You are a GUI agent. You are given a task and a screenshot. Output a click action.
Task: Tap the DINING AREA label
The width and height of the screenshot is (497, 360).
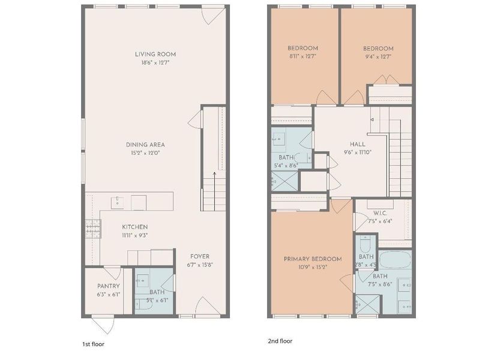pyautogui.click(x=145, y=145)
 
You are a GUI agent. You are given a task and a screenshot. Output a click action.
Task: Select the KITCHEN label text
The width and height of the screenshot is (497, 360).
pyautogui.click(x=134, y=227)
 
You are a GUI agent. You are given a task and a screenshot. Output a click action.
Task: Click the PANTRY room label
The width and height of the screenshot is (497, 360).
pyautogui.click(x=108, y=286)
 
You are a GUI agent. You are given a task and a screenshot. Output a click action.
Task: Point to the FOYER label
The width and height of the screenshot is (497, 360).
pyautogui.click(x=200, y=256)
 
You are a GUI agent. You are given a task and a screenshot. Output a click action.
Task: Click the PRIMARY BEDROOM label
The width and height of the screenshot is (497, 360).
pyautogui.click(x=312, y=259)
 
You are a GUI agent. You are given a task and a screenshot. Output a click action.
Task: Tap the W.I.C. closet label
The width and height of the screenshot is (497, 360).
pyautogui.click(x=379, y=212)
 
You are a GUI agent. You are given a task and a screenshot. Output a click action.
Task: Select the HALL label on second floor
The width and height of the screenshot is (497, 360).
pyautogui.click(x=358, y=144)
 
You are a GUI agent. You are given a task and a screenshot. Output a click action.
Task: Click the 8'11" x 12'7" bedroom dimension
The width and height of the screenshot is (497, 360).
pyautogui.click(x=302, y=56)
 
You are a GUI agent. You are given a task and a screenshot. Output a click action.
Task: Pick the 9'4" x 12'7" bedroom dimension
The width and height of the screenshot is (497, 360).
pyautogui.click(x=378, y=56)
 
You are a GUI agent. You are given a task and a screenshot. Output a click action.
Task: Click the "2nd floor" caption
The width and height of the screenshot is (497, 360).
pyautogui.click(x=280, y=341)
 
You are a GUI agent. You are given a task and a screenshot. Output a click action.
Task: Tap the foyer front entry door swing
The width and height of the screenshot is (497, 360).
pyautogui.click(x=201, y=305)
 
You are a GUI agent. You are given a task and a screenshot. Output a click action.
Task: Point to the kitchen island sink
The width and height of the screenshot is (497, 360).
pyautogui.click(x=118, y=201)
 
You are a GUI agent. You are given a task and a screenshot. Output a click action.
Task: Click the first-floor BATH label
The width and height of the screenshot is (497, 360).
pyautogui.click(x=157, y=292)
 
